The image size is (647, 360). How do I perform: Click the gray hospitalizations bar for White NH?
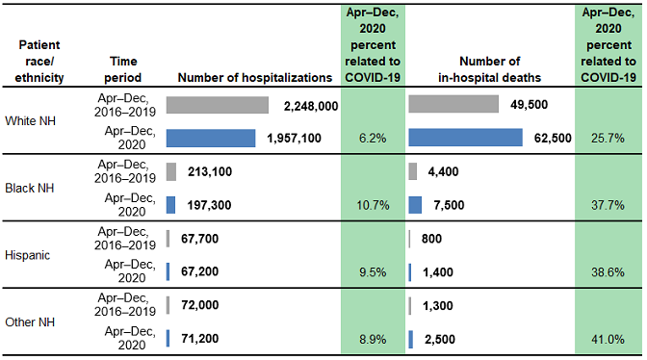coord(217,105)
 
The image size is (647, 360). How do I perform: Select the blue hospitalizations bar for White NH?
coord(210,139)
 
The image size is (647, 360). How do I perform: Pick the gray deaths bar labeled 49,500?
coord(453,105)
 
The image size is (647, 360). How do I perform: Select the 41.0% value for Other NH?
coord(608,339)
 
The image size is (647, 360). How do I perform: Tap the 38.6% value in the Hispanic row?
coord(608,272)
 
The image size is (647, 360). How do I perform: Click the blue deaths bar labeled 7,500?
coord(415,205)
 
